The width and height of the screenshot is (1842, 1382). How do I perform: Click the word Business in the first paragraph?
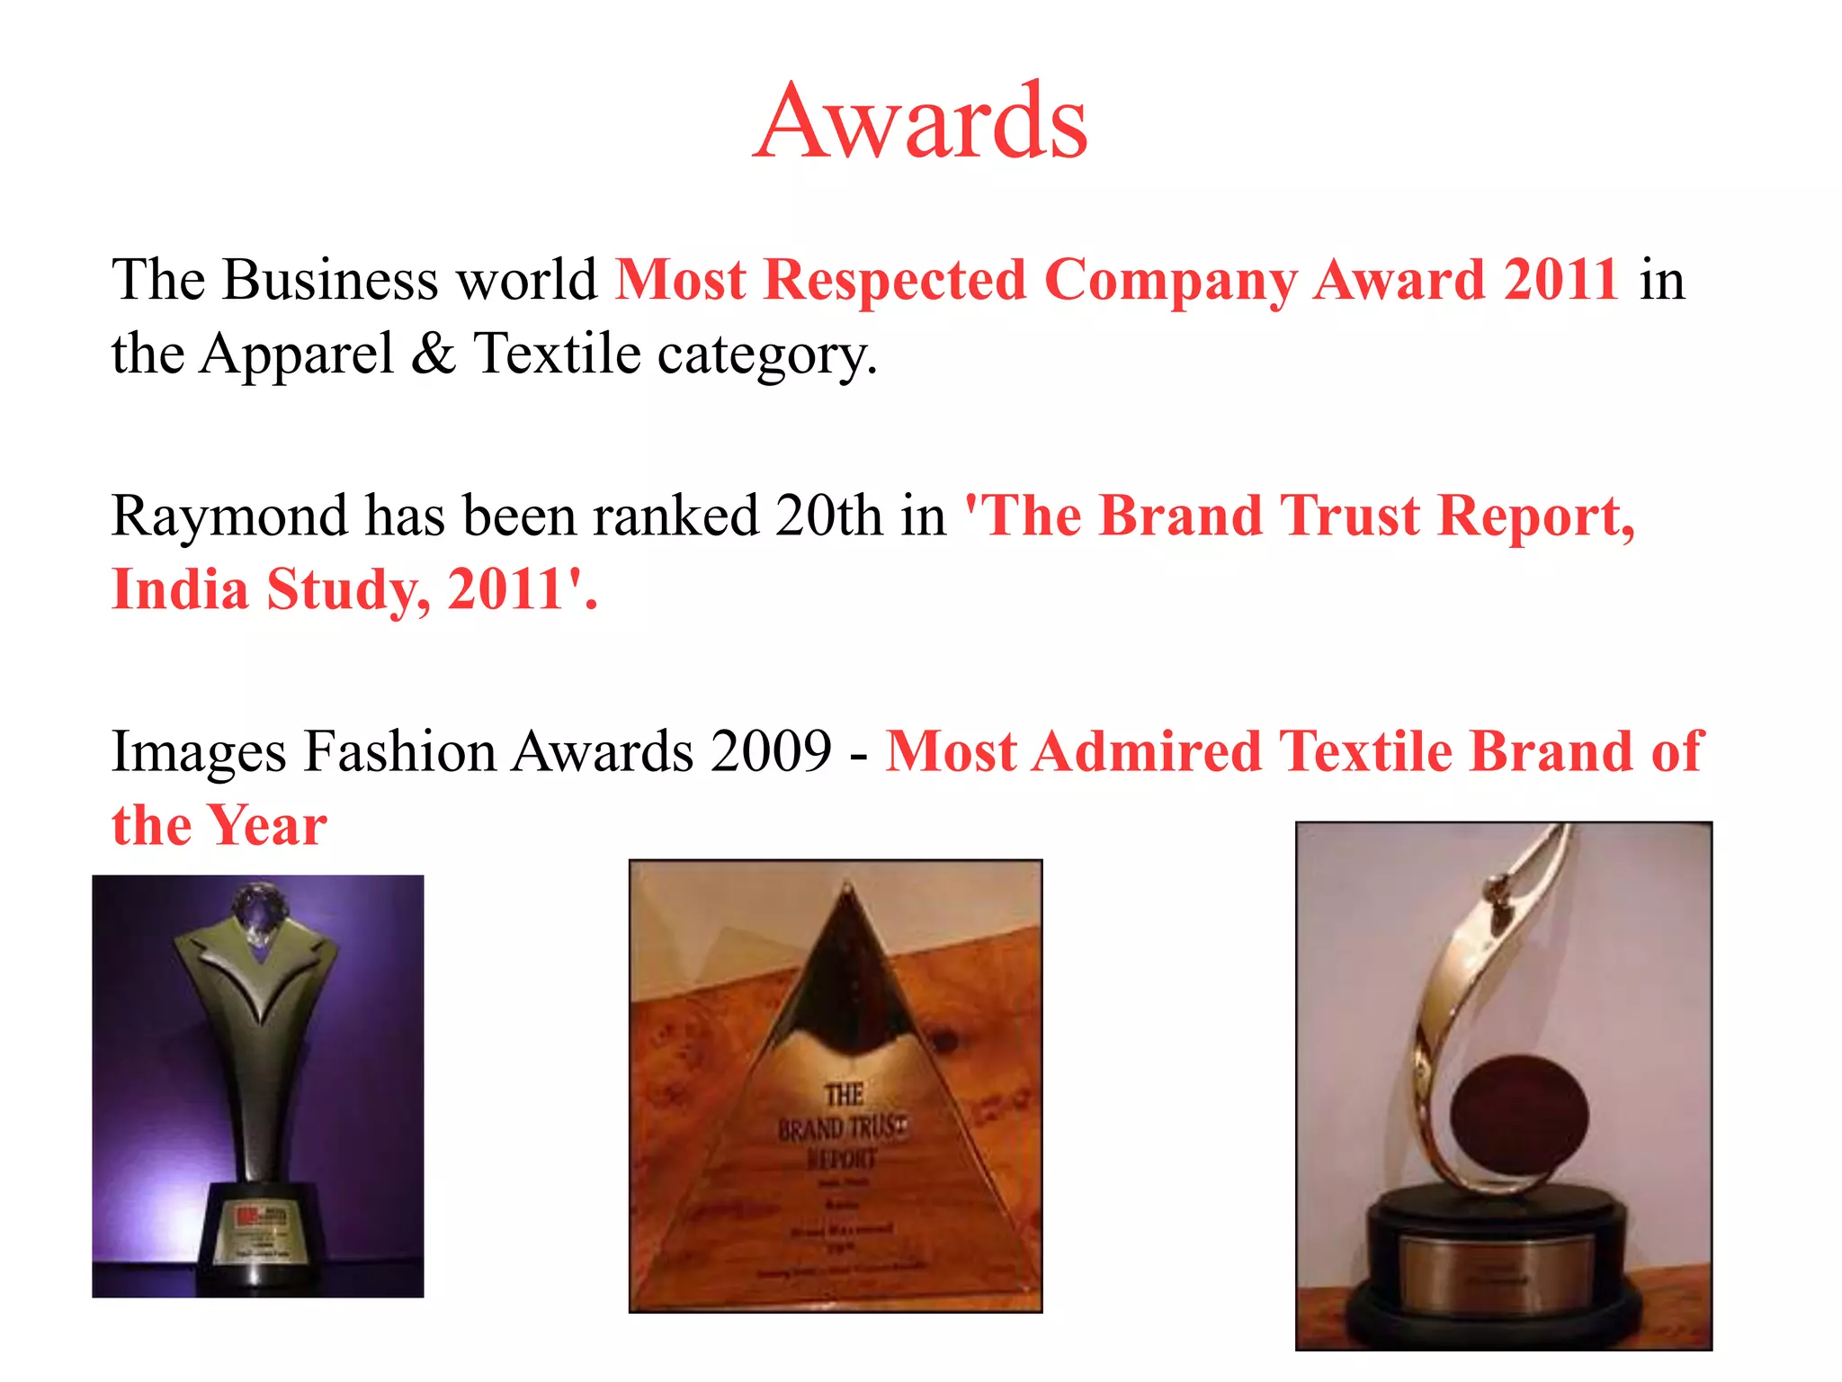pos(330,280)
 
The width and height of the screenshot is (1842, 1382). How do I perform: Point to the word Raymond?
pos(229,516)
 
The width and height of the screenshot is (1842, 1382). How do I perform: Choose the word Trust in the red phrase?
pos(1349,516)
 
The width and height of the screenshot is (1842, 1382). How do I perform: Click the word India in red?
pos(181,590)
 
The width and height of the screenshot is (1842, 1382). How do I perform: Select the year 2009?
pos(771,752)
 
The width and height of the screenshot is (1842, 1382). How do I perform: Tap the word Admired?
pos(1147,752)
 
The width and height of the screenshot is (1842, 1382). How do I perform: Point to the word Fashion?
pos(400,752)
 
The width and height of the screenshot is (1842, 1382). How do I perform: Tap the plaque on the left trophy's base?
pos(258,1229)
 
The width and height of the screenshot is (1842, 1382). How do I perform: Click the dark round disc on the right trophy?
pos(1518,1116)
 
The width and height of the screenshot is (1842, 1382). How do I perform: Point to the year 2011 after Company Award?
pos(1562,280)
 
